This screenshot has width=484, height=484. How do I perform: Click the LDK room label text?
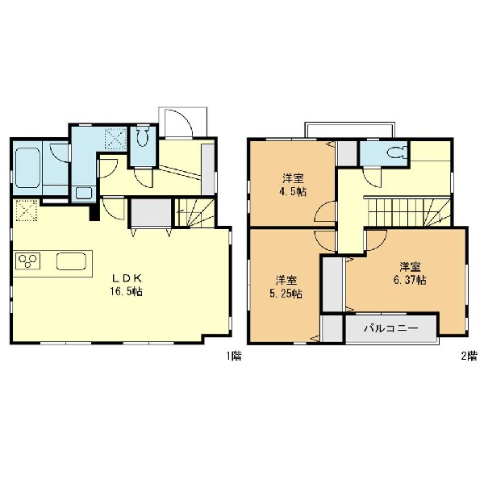127,278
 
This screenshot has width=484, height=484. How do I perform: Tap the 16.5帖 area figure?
127,291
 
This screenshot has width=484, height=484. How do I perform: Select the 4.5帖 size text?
293,192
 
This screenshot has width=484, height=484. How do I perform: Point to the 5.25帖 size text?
286,294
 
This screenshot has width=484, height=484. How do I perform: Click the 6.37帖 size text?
411,280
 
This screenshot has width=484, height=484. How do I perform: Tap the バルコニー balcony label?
391,328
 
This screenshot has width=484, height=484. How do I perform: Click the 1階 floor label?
234,356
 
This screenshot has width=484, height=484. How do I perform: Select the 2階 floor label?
469,356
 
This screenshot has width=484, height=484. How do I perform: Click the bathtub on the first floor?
27,168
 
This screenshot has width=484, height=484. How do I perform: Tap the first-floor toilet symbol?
143,137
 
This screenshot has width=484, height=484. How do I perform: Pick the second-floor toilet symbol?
397,152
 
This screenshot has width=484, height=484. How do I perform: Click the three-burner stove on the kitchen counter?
27,261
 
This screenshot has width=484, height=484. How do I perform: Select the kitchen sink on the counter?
72,261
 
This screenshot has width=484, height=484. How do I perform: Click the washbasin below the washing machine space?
84,194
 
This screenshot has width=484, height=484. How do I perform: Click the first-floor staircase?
194,213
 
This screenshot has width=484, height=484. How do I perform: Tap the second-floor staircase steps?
408,212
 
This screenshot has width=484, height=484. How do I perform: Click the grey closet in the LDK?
152,213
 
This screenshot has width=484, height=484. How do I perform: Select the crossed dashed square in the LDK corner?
27,211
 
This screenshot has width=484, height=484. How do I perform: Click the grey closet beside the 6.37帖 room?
333,284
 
